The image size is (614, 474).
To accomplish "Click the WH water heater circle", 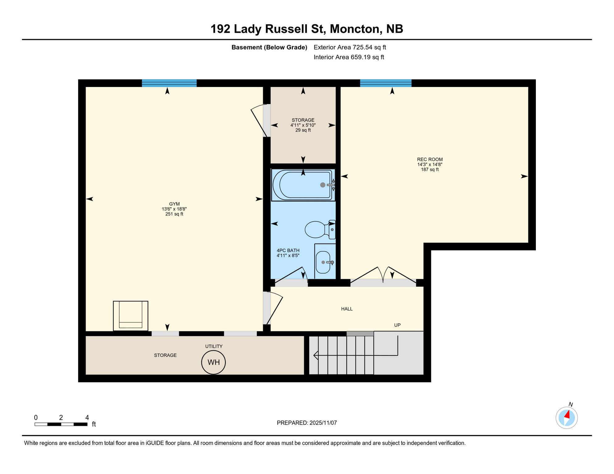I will coord(213,362).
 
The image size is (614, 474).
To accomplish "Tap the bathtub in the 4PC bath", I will coord(303,185).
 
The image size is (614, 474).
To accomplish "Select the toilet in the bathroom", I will coord(318,230).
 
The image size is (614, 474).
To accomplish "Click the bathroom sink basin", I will coord(323,262).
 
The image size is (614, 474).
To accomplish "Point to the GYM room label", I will coord(174,204).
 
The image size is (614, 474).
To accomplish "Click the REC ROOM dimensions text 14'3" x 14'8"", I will coord(430,164).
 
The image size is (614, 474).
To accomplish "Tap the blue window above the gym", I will coord(169,83).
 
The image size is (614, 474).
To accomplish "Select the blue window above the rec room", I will coord(385,83).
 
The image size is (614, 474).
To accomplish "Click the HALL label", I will coord(347,309).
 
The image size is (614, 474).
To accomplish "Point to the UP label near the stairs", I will coord(397,325).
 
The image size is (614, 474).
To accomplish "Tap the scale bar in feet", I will coord(61,424).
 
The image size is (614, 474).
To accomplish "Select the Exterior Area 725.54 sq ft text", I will coord(350,47).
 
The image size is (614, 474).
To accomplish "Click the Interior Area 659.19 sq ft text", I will coord(349,57).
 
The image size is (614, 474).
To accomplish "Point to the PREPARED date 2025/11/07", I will coord(307,423).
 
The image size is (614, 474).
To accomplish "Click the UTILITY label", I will coord(214,346).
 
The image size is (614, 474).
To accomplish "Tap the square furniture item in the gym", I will coord(131,316).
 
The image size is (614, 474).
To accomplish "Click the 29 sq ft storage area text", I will coord(303,130).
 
